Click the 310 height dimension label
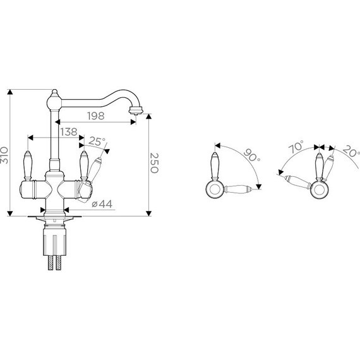point(4,155)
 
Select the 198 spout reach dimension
point(96,116)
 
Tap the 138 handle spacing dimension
point(69,132)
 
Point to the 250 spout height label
point(154,162)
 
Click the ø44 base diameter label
point(102,203)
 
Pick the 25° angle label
point(97,141)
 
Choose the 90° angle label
point(252,155)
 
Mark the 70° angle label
point(296,147)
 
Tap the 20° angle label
point(351,151)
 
